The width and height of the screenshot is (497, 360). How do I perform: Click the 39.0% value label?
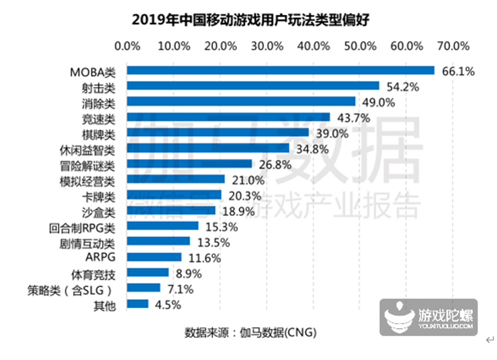331,134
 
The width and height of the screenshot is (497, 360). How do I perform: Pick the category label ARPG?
101,258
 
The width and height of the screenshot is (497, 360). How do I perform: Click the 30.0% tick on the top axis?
266,46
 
